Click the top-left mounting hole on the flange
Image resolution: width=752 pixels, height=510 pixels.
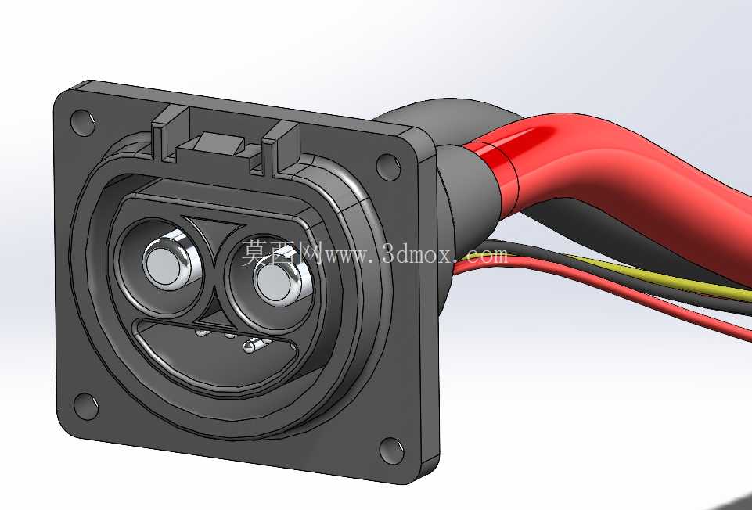82,123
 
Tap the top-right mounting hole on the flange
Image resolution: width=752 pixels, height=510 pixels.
388,167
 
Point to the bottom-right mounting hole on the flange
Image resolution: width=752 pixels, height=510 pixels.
391,451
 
